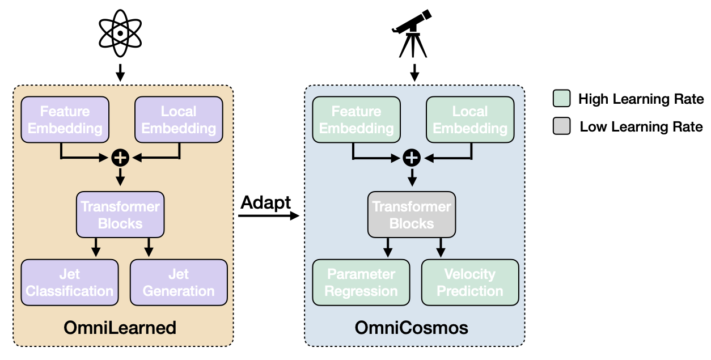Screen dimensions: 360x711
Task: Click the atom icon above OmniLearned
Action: (120, 32)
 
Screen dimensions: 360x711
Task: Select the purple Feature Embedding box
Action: (65, 120)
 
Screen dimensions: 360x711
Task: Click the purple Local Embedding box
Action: (179, 120)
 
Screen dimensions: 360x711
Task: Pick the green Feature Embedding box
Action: (356, 120)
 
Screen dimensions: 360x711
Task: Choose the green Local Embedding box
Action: (470, 120)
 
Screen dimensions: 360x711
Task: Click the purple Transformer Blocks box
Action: (120, 214)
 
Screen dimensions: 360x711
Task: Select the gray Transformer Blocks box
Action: (412, 214)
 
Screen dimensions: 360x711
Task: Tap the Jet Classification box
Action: (70, 282)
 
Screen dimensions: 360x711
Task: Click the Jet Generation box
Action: (179, 282)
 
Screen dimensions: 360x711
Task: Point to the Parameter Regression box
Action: (361, 282)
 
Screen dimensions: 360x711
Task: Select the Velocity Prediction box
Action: (470, 282)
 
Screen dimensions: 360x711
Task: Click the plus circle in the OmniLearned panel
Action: (120, 158)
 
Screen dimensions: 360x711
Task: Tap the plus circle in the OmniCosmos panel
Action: (412, 158)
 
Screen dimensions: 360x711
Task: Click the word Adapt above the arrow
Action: (266, 202)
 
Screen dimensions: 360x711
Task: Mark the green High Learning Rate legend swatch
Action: (561, 99)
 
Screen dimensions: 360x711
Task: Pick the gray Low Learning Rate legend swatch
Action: (561, 126)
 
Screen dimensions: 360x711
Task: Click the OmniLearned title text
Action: (120, 328)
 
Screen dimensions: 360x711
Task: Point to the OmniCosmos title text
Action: (412, 328)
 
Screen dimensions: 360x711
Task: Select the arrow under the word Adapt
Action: (268, 216)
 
